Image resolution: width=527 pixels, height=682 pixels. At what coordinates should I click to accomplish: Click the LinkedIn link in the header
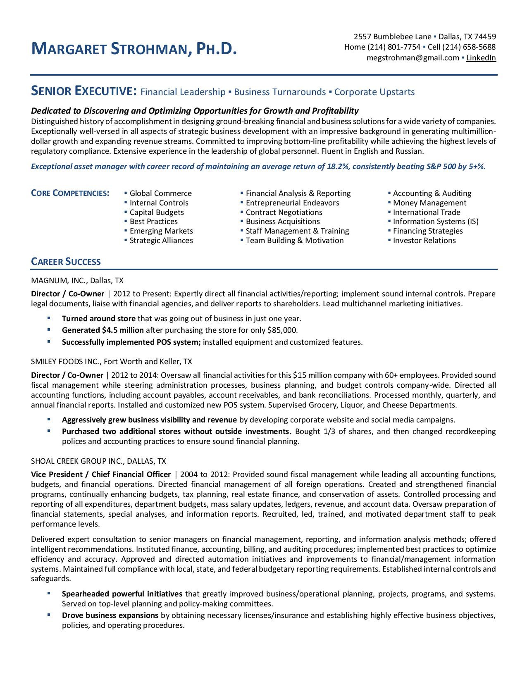(x=481, y=58)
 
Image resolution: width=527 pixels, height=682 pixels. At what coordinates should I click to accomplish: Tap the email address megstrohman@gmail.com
(x=413, y=58)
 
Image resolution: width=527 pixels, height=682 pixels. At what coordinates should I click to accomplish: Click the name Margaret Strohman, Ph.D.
(x=134, y=49)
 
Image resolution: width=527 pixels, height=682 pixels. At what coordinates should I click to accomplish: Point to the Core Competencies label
(x=70, y=193)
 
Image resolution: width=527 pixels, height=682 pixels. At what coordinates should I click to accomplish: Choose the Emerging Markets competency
(x=161, y=231)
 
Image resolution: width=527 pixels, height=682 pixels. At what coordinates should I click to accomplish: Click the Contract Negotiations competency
(x=284, y=212)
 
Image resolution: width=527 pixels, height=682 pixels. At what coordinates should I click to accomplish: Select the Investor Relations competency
(x=424, y=241)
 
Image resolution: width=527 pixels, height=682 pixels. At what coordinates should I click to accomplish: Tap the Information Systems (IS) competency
(x=435, y=222)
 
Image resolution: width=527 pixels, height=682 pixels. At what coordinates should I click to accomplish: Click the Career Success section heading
(x=66, y=262)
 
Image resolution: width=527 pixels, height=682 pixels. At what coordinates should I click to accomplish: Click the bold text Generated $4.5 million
(x=103, y=330)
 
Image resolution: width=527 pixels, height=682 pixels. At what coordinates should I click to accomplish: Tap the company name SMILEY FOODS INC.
(x=65, y=362)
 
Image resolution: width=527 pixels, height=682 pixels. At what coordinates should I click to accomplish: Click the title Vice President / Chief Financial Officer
(x=100, y=475)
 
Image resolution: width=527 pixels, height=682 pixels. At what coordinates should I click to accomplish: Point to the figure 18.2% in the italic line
(x=339, y=167)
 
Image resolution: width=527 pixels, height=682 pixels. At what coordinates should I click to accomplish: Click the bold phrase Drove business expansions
(x=110, y=615)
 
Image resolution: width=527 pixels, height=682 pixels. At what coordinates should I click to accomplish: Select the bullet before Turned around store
(x=49, y=318)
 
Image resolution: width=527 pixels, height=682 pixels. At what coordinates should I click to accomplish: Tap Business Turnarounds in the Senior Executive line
(x=280, y=92)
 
